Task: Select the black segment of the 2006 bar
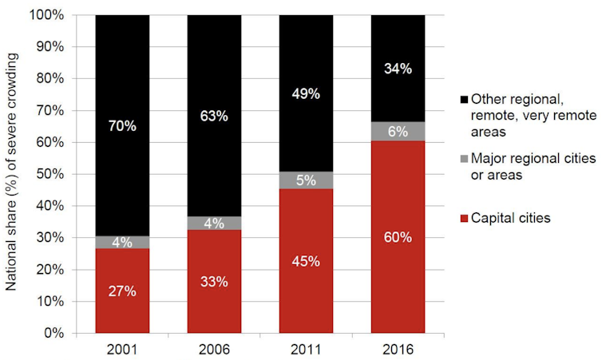click(x=214, y=80)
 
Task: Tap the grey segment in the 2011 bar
click(x=306, y=180)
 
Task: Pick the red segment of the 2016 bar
click(x=398, y=271)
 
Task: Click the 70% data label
click(x=122, y=125)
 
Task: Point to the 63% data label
click(x=214, y=116)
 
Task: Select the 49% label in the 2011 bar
click(x=306, y=93)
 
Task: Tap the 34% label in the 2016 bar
click(x=398, y=69)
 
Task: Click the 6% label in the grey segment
click(x=398, y=133)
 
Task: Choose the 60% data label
click(x=398, y=237)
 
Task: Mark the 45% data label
click(x=306, y=261)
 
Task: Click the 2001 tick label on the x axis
click(x=122, y=349)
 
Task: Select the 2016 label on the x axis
click(x=398, y=349)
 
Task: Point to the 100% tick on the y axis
click(x=53, y=15)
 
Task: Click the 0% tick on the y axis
click(x=59, y=333)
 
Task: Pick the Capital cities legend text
click(x=511, y=218)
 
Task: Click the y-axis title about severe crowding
click(x=14, y=174)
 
